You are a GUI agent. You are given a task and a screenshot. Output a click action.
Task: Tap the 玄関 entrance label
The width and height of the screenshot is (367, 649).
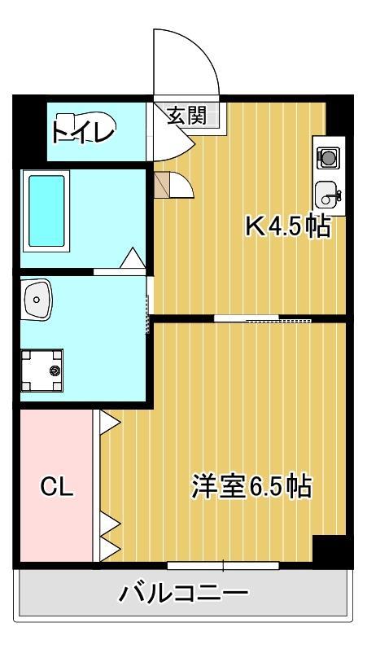point(186,116)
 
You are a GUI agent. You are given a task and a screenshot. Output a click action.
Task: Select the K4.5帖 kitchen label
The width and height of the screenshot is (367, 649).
point(288,226)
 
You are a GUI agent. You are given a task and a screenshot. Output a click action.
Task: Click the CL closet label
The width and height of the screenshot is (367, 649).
point(57,487)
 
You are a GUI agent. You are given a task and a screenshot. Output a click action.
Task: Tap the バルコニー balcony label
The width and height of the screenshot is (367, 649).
point(184,592)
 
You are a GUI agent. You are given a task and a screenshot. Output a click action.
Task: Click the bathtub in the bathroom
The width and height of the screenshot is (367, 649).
point(46,210)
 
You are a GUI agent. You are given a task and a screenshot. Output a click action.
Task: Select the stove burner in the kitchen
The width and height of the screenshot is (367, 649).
point(329,157)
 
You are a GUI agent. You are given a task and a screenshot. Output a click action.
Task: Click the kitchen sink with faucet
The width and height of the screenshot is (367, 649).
point(329,195)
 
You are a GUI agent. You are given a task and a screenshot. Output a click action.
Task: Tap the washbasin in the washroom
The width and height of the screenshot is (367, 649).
point(37,299)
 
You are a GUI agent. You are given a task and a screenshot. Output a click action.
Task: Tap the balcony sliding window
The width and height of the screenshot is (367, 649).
point(223,564)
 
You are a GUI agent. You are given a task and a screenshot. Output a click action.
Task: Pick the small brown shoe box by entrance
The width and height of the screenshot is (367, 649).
point(160,186)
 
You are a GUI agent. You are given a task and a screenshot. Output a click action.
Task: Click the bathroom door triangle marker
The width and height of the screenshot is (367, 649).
point(133,259)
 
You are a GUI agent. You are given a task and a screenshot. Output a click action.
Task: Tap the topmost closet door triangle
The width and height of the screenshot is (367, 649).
point(109,423)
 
